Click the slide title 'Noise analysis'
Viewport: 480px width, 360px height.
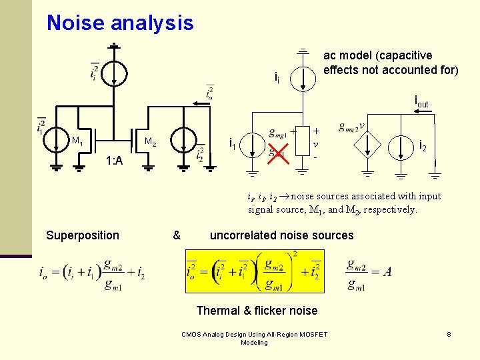pyautogui.click(x=120, y=23)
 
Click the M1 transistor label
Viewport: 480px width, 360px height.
pyautogui.click(x=77, y=141)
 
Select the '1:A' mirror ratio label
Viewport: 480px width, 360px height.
pyautogui.click(x=114, y=161)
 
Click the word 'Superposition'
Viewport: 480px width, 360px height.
pyautogui.click(x=83, y=235)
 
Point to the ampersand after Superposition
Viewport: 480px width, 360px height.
pyautogui.click(x=177, y=235)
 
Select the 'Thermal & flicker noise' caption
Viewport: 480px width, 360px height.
pyautogui.click(x=257, y=310)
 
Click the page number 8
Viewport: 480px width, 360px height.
pyautogui.click(x=449, y=333)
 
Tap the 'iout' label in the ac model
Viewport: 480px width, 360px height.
pyautogui.click(x=421, y=102)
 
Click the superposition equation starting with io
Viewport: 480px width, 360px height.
pyautogui.click(x=92, y=273)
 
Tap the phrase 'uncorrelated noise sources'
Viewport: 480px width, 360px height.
pyautogui.click(x=281, y=235)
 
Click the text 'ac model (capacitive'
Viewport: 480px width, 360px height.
pyautogui.click(x=377, y=55)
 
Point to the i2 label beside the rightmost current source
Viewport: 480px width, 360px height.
pyautogui.click(x=422, y=147)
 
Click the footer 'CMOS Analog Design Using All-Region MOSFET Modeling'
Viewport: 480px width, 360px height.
pyautogui.click(x=254, y=338)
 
